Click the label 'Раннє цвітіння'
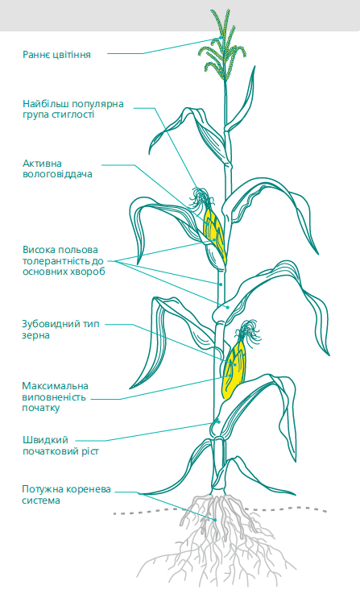point(57,55)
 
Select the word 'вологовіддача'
point(57,174)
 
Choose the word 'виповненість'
point(54,397)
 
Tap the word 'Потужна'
point(43,489)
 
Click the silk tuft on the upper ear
point(201,197)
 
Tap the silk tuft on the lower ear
point(248,330)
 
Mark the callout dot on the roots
point(215,520)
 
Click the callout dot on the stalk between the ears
point(221,284)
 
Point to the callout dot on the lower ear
point(235,364)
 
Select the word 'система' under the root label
point(41,500)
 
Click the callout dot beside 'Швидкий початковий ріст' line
point(218,421)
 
